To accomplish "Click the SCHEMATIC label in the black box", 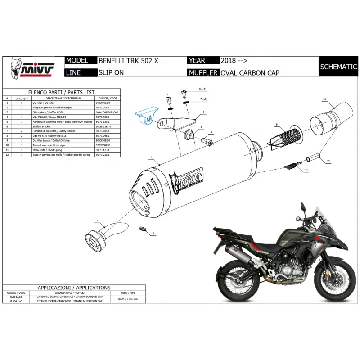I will click(x=338, y=67).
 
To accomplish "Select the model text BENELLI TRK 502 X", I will click(x=128, y=61).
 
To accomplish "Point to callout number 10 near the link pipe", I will click(x=324, y=99).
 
